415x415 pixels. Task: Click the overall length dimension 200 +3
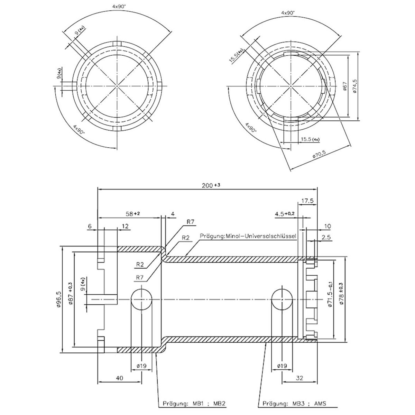pos(211,185)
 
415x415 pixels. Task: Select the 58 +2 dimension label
pos(133,214)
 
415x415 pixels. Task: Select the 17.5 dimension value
pos(307,201)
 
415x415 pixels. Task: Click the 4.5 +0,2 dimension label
pos(285,214)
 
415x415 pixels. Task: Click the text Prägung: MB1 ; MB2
pos(194,403)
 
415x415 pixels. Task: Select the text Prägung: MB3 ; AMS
pos(294,403)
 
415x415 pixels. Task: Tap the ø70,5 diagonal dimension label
pos(320,154)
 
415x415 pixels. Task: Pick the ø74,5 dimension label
pos(355,86)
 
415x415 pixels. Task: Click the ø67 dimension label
pos(344,86)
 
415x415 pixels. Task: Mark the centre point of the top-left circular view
pos(117,86)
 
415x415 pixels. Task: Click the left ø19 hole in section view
pos(141,299)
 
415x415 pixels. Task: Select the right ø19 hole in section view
pos(282,299)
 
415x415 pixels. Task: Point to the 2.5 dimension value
pos(326,237)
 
